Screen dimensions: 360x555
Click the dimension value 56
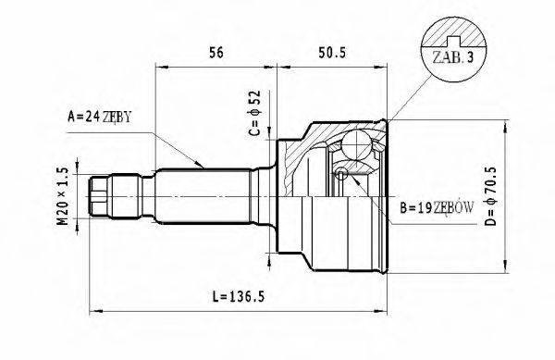tap(216, 54)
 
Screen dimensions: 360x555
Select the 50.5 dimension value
tap(331, 54)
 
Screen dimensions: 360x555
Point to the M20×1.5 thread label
tap(62, 195)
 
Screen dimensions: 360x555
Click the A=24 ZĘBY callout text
tap(102, 117)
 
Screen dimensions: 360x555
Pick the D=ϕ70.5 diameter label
tap(518, 196)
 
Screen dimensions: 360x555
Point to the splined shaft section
tap(203, 194)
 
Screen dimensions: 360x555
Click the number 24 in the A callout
tap(92, 117)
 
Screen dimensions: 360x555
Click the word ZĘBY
tap(118, 117)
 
